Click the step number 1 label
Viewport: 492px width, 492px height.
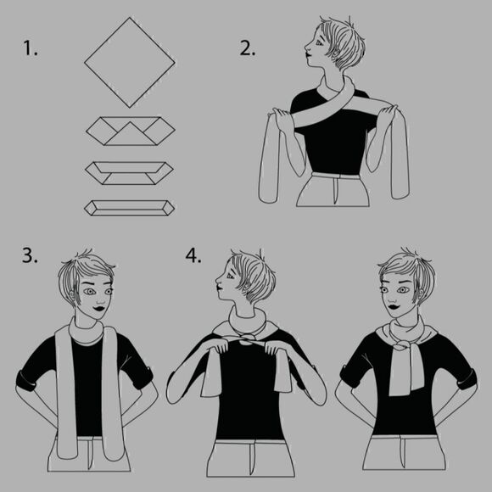(x=31, y=49)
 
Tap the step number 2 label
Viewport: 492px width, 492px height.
(x=248, y=49)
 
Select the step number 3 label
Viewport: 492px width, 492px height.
(x=30, y=255)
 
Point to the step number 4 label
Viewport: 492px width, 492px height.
(x=193, y=255)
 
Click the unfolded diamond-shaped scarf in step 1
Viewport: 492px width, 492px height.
(x=130, y=63)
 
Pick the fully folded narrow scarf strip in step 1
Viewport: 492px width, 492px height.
(x=129, y=208)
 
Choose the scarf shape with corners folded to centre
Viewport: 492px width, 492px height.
(x=131, y=131)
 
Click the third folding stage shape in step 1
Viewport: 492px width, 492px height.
(x=129, y=173)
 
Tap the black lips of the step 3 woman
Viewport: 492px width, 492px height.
(x=100, y=309)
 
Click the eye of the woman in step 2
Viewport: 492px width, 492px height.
(x=319, y=42)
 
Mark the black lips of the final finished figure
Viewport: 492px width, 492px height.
(x=394, y=305)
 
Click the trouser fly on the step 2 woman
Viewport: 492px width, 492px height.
(x=335, y=192)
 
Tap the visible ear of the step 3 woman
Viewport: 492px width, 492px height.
(x=72, y=294)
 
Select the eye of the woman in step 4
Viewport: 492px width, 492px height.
(x=231, y=277)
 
